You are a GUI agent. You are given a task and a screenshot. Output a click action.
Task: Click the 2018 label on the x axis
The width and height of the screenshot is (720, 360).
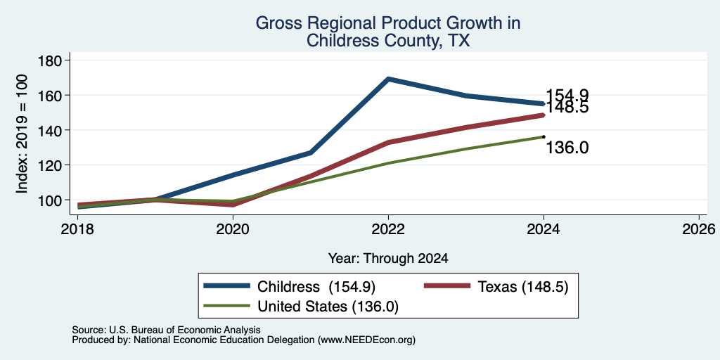(77, 229)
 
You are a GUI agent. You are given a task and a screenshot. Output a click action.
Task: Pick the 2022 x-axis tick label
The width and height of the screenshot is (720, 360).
(388, 229)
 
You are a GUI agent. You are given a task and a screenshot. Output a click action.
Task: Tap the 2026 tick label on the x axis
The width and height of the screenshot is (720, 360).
(699, 229)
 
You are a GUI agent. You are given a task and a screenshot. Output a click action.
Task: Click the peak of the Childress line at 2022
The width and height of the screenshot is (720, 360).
(388, 79)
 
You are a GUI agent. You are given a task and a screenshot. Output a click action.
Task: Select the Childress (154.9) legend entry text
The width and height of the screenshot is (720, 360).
(316, 287)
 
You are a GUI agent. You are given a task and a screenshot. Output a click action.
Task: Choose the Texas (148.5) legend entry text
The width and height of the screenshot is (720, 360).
(523, 287)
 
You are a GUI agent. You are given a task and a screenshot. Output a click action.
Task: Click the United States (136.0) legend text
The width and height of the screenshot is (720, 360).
(328, 307)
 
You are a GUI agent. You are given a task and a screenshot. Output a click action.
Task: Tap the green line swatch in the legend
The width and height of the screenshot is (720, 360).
(227, 306)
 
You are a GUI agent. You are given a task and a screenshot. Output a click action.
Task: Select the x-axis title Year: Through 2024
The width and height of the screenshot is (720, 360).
(388, 259)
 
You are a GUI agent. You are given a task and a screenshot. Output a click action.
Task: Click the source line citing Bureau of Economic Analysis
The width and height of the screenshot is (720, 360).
(166, 330)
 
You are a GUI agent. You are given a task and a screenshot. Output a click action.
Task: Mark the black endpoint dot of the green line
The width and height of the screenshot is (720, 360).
(544, 136)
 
